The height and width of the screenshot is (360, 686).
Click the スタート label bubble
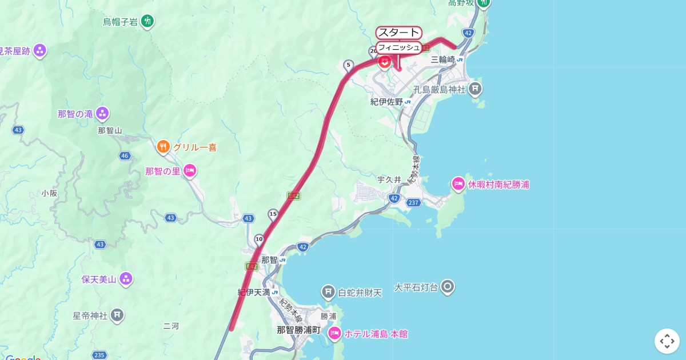click(x=398, y=33)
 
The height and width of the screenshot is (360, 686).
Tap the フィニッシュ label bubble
click(x=398, y=47)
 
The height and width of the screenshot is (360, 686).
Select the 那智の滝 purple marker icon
click(x=102, y=113)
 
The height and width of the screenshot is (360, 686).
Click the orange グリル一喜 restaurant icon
click(x=163, y=147)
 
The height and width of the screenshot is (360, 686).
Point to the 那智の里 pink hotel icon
click(x=190, y=170)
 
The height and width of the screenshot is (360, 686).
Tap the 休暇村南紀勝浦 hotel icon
click(x=458, y=184)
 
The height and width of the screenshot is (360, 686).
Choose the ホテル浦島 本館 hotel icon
click(x=334, y=334)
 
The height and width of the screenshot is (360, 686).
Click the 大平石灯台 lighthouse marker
click(x=448, y=287)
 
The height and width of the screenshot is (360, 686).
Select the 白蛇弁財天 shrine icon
click(x=328, y=293)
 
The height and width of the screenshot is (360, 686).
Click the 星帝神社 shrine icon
click(x=117, y=315)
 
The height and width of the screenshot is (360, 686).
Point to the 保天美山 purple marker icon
click(x=126, y=279)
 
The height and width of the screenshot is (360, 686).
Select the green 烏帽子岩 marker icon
click(x=148, y=22)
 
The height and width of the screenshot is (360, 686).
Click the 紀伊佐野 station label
click(x=387, y=102)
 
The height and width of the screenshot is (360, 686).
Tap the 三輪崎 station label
click(x=443, y=59)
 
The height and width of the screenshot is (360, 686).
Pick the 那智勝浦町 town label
click(x=298, y=330)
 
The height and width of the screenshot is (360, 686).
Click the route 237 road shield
click(x=414, y=203)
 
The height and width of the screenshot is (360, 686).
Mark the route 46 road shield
click(x=125, y=155)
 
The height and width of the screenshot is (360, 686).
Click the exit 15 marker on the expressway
click(x=273, y=214)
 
